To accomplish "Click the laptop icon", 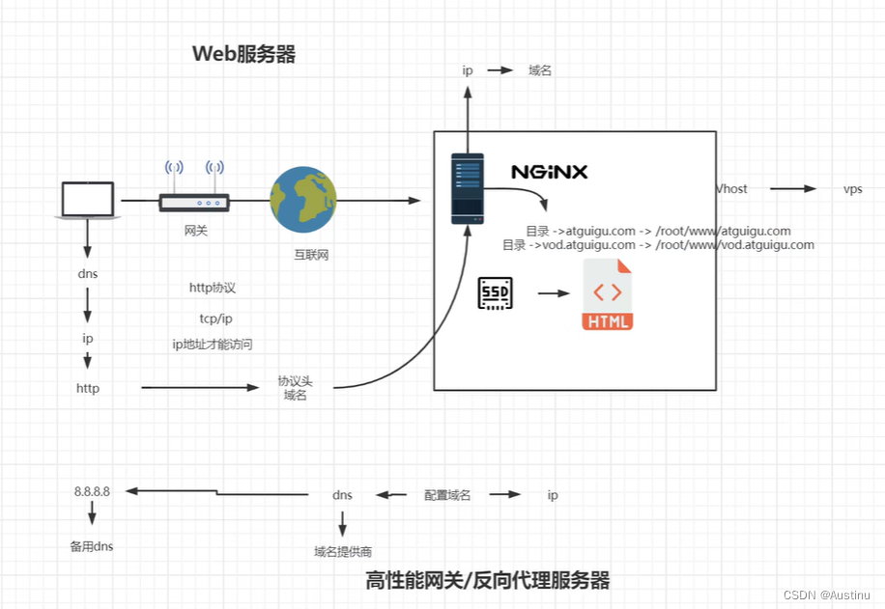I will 88,200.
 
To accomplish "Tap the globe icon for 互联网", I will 303,200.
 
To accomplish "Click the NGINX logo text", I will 549,173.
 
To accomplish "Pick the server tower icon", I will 468,189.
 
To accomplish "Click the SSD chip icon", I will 496,293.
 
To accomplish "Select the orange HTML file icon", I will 608,294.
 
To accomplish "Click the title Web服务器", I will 243,54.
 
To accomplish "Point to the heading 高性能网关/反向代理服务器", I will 488,580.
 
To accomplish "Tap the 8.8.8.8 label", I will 92,491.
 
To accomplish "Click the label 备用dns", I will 92,546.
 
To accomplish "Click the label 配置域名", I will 447,495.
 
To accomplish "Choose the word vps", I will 852,189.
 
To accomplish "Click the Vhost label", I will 731,189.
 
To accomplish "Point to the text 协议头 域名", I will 295,388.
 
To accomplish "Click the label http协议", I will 213,288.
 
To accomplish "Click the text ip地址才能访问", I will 213,345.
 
